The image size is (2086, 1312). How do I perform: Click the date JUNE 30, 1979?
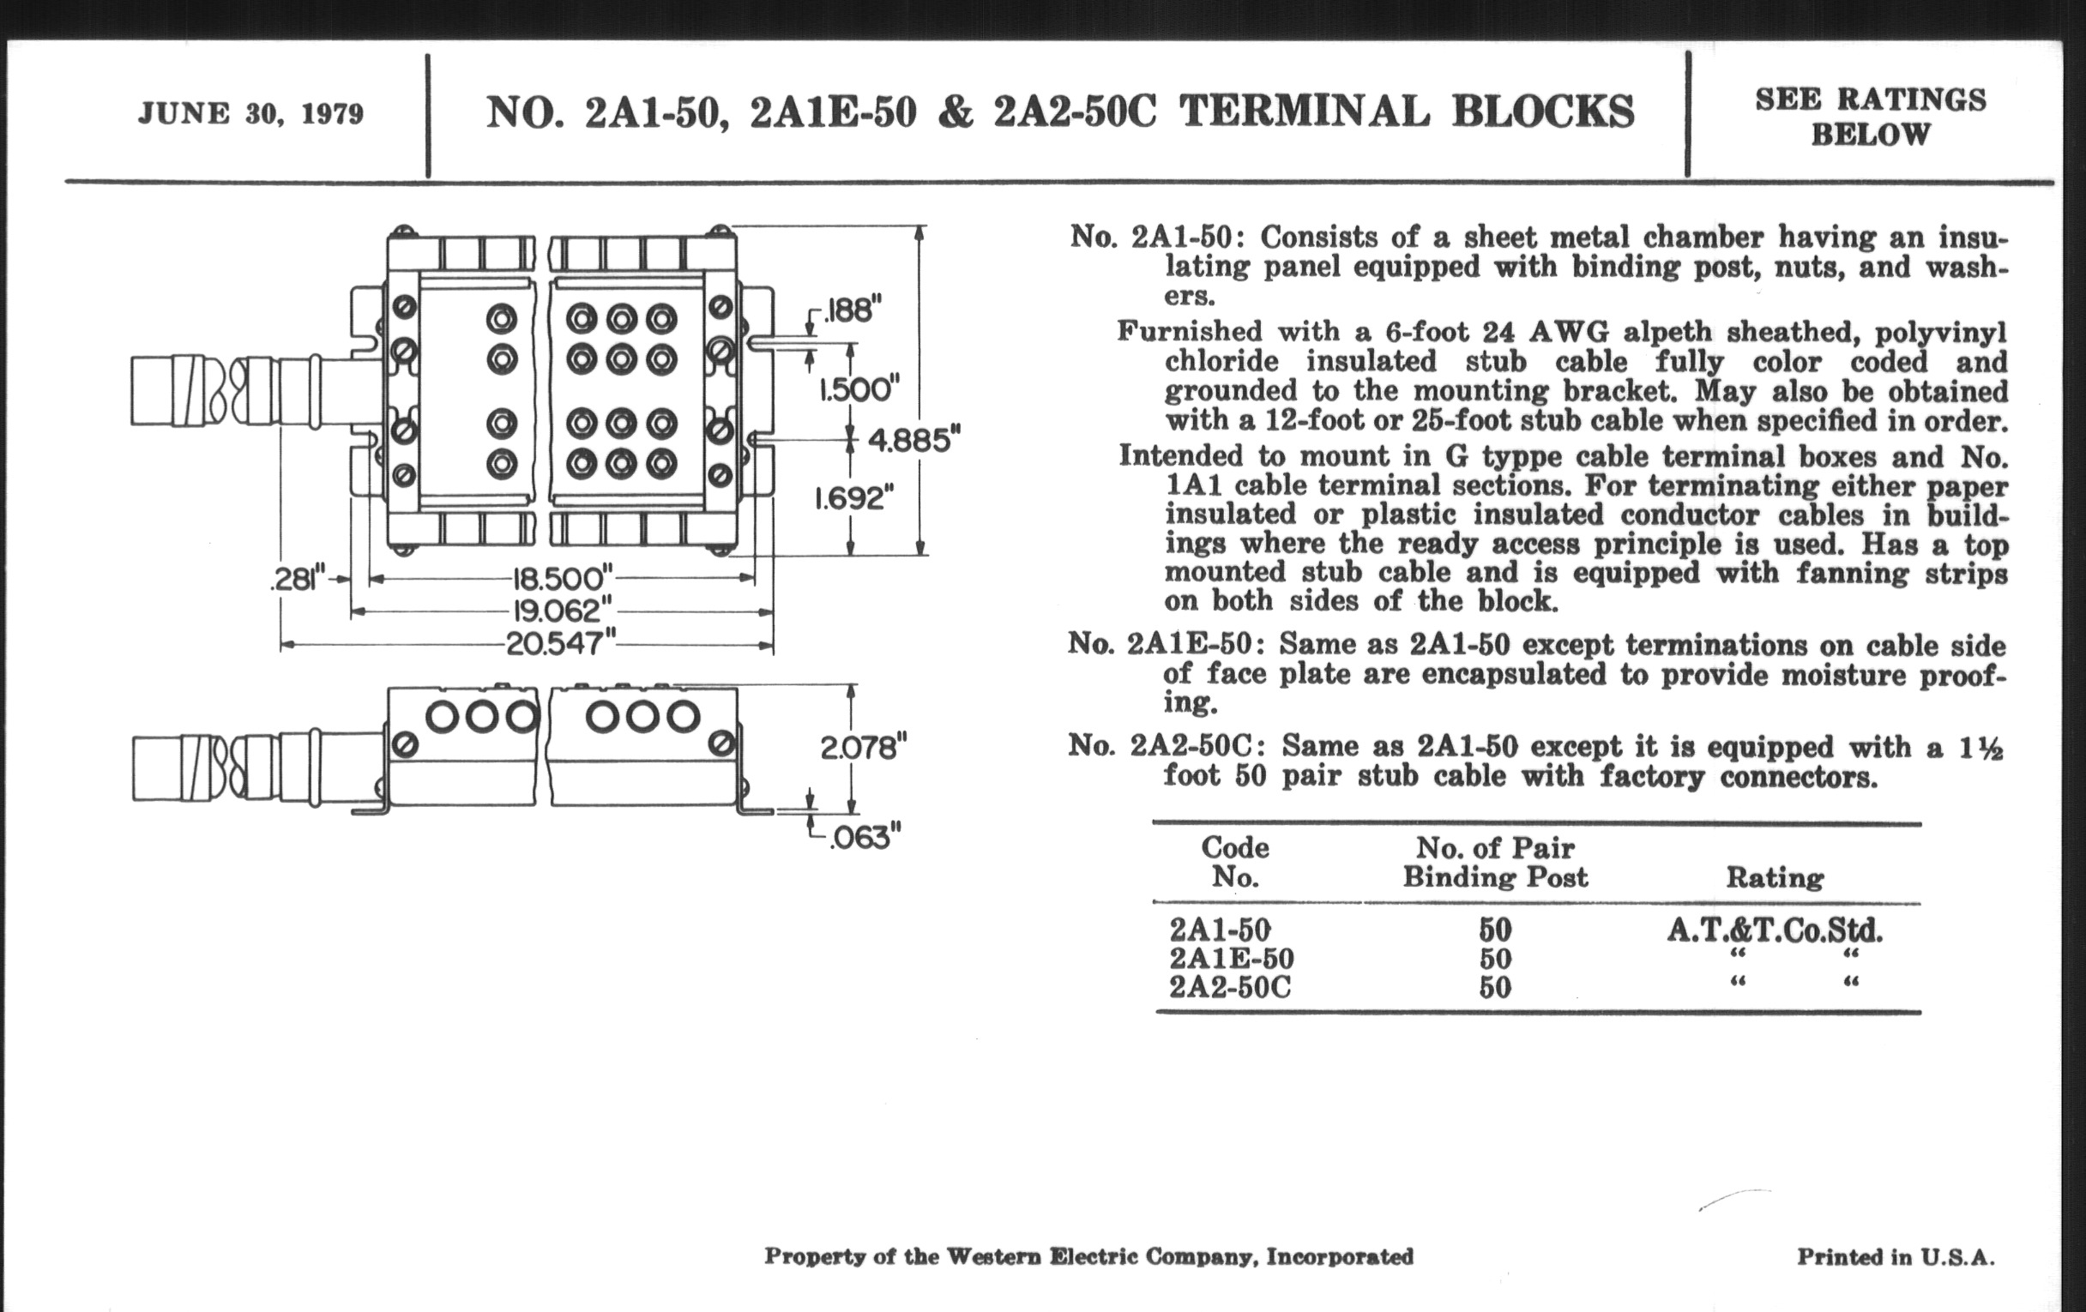pyautogui.click(x=250, y=114)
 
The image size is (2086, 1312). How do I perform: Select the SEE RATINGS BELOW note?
pyautogui.click(x=1871, y=117)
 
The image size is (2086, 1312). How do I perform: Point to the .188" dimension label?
pyautogui.click(x=853, y=310)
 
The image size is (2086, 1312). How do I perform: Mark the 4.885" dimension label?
pyautogui.click(x=914, y=441)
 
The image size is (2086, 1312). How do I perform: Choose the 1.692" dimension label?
pyautogui.click(x=853, y=498)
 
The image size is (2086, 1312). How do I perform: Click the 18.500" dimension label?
pyautogui.click(x=562, y=578)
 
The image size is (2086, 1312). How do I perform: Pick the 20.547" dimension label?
pyautogui.click(x=561, y=644)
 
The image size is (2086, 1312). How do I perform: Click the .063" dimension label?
pyautogui.click(x=865, y=839)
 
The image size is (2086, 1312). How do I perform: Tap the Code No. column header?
pyautogui.click(x=1234, y=862)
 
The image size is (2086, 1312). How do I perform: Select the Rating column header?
pyautogui.click(x=1774, y=877)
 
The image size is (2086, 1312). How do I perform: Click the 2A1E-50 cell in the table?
pyautogui.click(x=1231, y=959)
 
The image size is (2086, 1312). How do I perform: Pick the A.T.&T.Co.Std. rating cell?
pyautogui.click(x=1774, y=931)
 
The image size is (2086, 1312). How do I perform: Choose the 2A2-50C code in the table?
pyautogui.click(x=1229, y=987)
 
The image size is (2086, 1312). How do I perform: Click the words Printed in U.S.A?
pyautogui.click(x=1896, y=1256)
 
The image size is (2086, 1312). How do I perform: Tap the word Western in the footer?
pyautogui.click(x=993, y=1256)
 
